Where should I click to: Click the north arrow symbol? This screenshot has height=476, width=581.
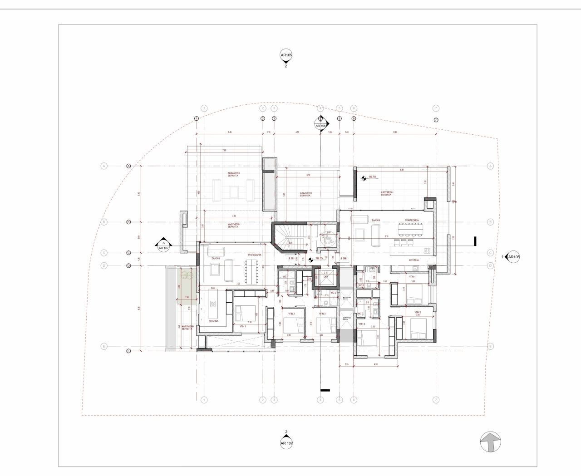[x=491, y=441]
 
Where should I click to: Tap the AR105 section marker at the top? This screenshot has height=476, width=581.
[x=286, y=56]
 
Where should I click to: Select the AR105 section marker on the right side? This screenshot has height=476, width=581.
[x=513, y=257]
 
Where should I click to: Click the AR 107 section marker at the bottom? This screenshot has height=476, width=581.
[x=286, y=442]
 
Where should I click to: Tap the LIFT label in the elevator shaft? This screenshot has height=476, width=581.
[x=325, y=276]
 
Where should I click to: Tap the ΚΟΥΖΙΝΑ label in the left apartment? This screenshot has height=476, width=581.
[x=214, y=321]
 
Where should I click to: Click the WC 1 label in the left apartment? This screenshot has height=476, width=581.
[x=286, y=276]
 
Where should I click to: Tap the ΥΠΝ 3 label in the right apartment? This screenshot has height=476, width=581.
[x=362, y=324]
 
